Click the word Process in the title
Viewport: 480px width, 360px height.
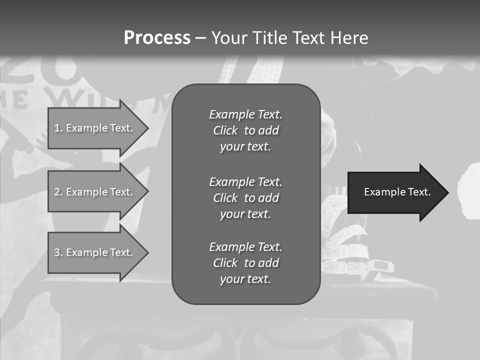(x=157, y=38)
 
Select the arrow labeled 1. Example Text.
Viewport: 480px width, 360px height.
(x=95, y=128)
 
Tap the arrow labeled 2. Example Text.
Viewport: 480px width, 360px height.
(x=95, y=192)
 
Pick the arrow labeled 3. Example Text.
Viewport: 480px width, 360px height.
(x=95, y=252)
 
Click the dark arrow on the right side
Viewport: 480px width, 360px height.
(x=395, y=192)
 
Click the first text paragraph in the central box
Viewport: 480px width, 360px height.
(x=245, y=130)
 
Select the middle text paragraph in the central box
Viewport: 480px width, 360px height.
(x=245, y=198)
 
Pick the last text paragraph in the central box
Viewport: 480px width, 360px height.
(x=245, y=263)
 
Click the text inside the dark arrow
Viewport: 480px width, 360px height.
(x=397, y=192)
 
